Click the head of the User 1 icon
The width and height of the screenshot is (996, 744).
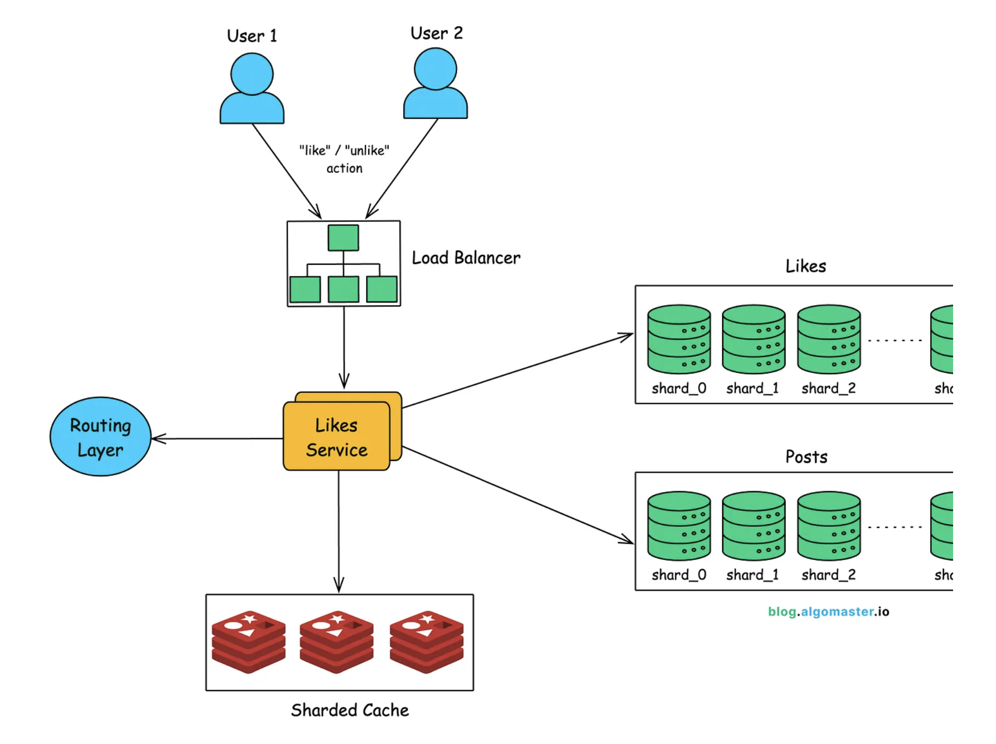pyautogui.click(x=252, y=74)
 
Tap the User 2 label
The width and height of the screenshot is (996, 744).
pyautogui.click(x=437, y=33)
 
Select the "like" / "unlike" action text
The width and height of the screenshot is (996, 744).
pyautogui.click(x=344, y=159)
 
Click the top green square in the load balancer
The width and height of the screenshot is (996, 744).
pyautogui.click(x=343, y=238)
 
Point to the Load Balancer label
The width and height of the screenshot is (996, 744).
pyautogui.click(x=466, y=258)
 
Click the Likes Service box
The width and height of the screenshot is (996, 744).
pyautogui.click(x=337, y=437)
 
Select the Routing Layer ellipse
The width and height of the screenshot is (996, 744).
pyautogui.click(x=101, y=437)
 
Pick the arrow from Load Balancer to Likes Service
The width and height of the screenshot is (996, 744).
pyautogui.click(x=344, y=347)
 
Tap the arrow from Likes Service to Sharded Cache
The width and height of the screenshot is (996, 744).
pyautogui.click(x=339, y=531)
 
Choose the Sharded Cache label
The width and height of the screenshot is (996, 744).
pyautogui.click(x=350, y=710)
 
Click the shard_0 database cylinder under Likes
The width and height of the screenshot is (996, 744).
pyautogui.click(x=679, y=339)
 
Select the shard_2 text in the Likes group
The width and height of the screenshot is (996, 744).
pyautogui.click(x=828, y=388)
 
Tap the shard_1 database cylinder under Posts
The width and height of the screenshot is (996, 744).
pyautogui.click(x=753, y=526)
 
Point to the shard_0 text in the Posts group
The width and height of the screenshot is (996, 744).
pyautogui.click(x=679, y=575)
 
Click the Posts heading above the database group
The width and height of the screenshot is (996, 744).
pyautogui.click(x=806, y=457)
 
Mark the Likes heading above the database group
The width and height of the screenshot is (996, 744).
pyautogui.click(x=805, y=266)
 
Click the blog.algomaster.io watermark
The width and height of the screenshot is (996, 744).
pyautogui.click(x=828, y=612)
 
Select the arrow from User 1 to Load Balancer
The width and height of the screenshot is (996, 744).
pyautogui.click(x=286, y=171)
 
